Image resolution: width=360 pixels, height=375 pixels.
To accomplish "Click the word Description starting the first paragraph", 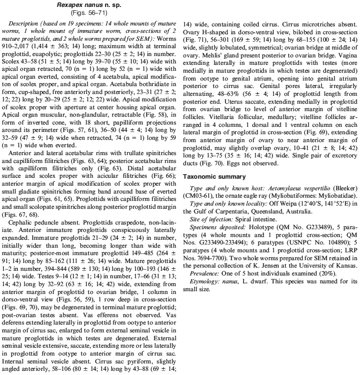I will click(24, 23).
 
